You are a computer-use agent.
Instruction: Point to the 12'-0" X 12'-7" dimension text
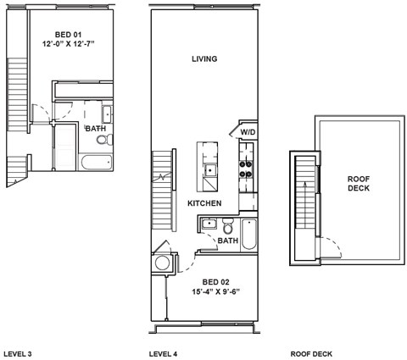(x=67, y=43)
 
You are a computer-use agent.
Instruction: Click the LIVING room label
(x=204, y=59)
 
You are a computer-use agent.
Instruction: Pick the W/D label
(x=248, y=132)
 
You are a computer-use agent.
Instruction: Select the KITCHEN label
(x=204, y=204)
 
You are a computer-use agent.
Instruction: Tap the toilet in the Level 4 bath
(x=228, y=228)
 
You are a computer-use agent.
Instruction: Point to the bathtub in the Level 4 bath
(x=248, y=233)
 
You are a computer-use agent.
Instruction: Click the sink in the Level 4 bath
(x=208, y=224)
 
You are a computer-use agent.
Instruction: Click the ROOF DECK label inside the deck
(x=359, y=184)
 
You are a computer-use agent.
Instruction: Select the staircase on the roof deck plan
(x=302, y=208)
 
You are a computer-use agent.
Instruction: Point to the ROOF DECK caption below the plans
(x=311, y=352)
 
